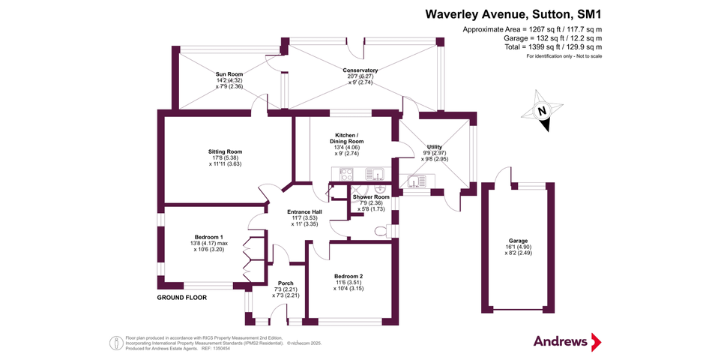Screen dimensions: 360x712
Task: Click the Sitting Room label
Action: coord(225,151)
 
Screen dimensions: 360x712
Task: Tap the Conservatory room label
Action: coord(360,70)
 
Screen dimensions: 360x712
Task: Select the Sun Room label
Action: coord(229,74)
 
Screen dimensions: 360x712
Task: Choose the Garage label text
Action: coord(518,241)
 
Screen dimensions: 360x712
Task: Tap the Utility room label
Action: coord(435,147)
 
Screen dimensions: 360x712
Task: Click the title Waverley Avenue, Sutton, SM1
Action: coord(513,13)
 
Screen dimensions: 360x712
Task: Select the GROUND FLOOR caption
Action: coord(181,298)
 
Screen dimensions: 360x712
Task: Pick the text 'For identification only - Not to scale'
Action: coord(564,57)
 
